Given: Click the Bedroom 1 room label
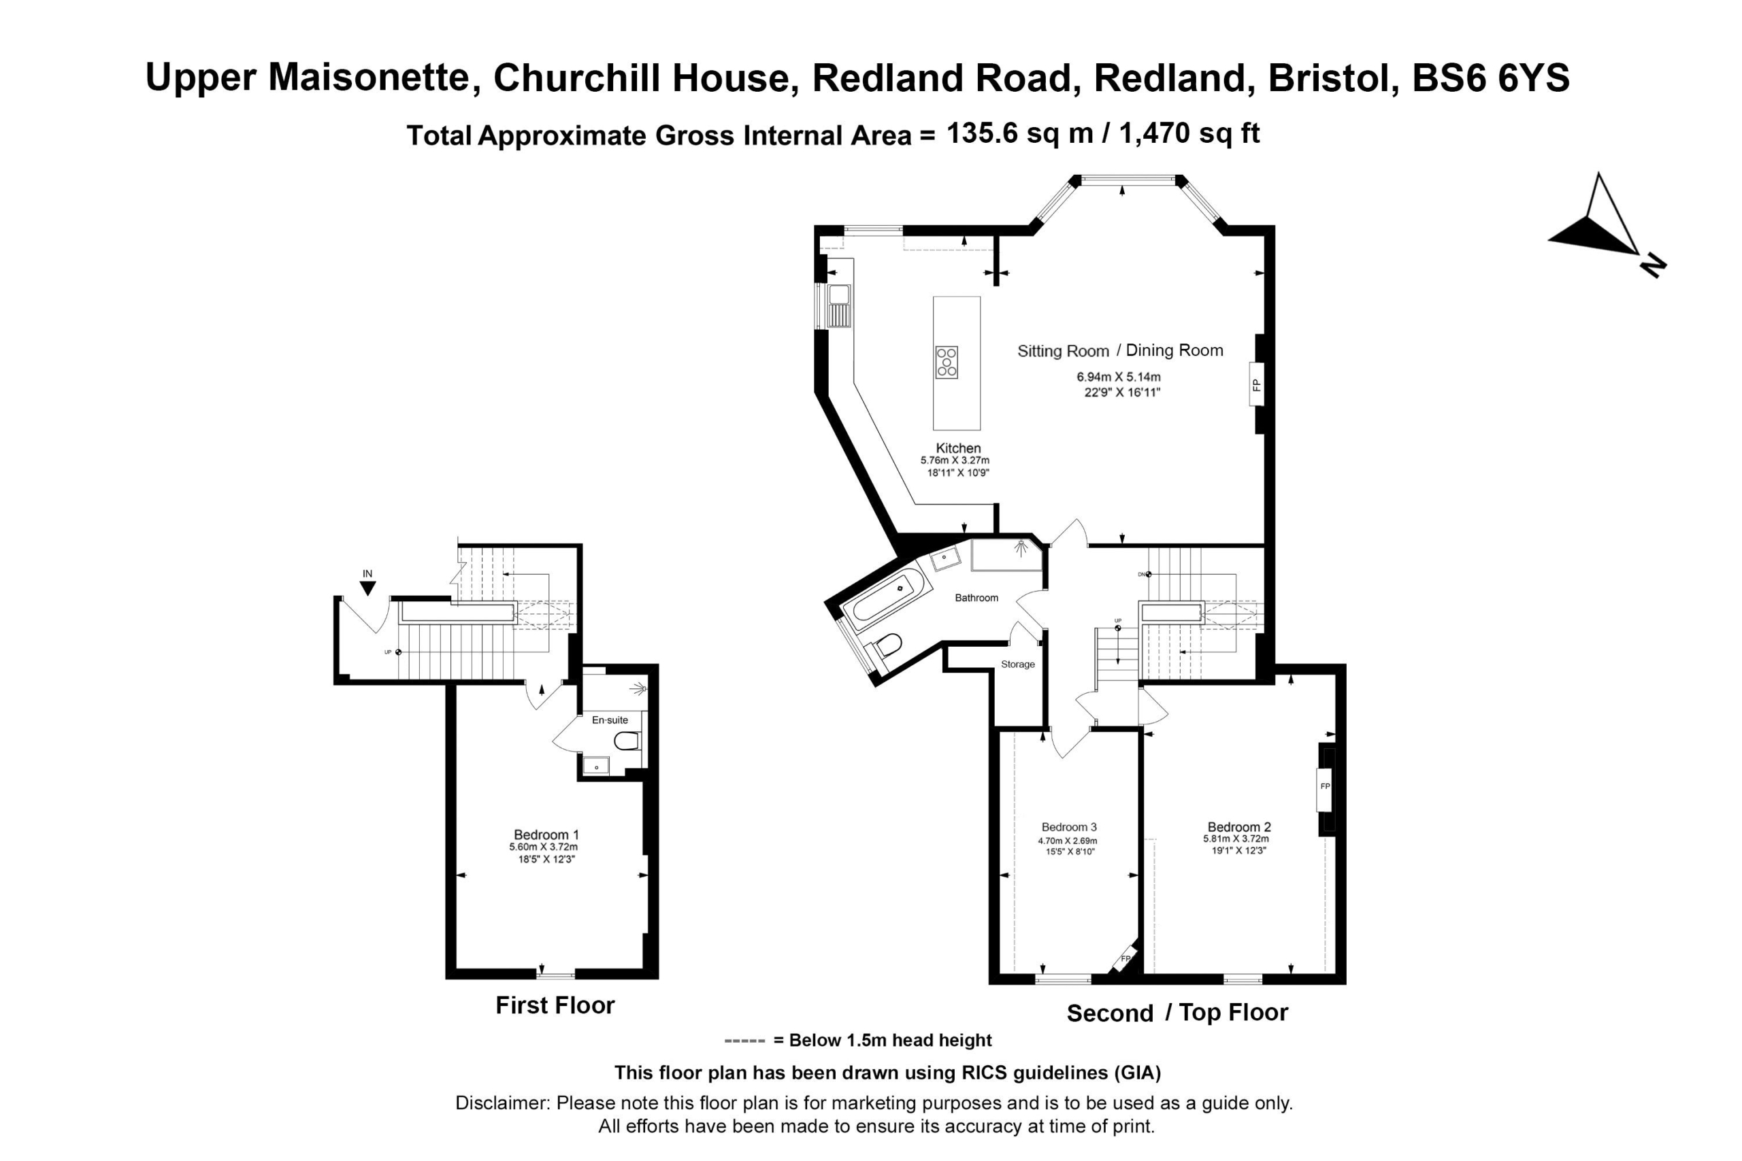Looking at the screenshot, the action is point(546,835).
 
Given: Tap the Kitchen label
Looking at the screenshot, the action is point(957,448).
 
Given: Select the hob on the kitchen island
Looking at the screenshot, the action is point(947,362).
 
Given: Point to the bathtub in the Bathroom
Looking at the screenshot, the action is point(887,599).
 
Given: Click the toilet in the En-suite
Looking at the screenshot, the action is point(627,741).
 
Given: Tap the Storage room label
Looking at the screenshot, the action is point(1018,664).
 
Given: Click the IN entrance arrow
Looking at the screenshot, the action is point(367,588).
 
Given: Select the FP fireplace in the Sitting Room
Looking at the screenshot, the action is point(1256,384).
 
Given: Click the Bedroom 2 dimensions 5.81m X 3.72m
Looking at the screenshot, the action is point(1236,839).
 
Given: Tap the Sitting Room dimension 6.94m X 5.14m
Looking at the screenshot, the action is point(1119,377).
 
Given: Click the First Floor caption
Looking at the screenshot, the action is point(555,1005).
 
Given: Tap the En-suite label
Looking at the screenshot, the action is point(610,720).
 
